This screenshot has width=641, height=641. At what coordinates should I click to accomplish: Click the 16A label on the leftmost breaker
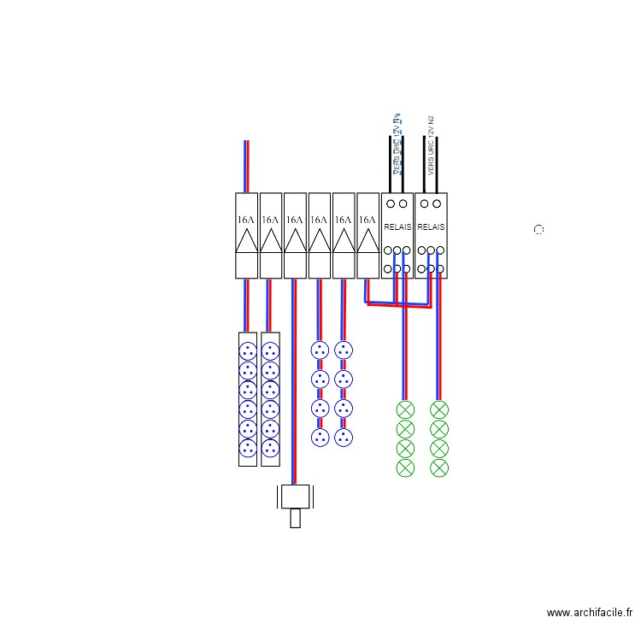click(246, 220)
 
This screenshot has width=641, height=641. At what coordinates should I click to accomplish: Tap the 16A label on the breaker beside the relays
click(368, 220)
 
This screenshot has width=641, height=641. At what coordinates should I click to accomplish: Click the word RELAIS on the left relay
click(397, 228)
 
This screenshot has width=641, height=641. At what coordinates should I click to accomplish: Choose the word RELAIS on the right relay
click(431, 228)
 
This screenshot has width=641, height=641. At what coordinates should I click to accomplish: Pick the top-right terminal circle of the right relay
click(437, 204)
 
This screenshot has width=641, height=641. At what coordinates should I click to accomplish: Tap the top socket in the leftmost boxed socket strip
click(248, 350)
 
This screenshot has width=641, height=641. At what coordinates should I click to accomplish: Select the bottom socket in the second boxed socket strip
click(270, 448)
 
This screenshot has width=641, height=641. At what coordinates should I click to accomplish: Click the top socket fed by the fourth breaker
click(320, 350)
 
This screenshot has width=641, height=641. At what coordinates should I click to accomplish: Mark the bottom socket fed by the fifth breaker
click(344, 438)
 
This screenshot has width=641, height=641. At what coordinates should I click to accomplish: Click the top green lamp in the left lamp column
click(405, 409)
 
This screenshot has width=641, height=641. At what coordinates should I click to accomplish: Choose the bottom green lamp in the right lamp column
click(439, 468)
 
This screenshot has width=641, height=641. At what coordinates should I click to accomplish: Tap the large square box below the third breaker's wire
click(295, 497)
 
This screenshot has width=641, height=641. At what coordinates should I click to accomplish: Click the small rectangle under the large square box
click(295, 519)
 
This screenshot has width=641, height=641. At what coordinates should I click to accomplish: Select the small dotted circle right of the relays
click(538, 230)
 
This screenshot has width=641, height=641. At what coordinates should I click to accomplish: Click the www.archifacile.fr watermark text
click(589, 613)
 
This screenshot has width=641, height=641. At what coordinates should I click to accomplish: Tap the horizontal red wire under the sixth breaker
click(398, 305)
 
